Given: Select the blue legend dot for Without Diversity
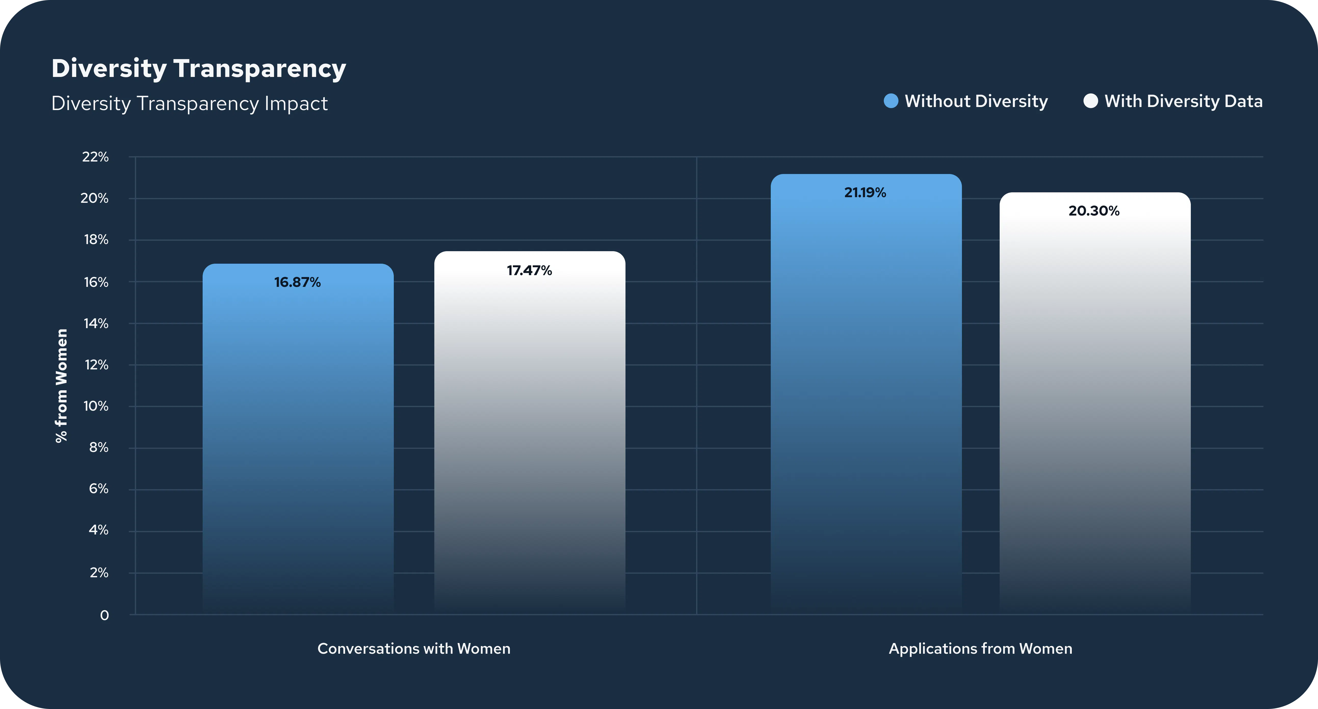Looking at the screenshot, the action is (891, 101).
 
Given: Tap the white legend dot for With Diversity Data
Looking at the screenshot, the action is (1090, 101).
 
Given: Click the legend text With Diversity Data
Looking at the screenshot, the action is (1183, 101).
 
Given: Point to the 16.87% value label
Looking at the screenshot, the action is (297, 282).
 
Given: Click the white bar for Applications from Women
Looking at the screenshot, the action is (1095, 403).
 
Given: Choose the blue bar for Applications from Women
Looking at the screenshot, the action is (866, 394).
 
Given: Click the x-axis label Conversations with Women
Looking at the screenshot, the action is (414, 649).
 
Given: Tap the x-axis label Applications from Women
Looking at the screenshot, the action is (980, 649).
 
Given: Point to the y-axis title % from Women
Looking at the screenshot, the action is (61, 386).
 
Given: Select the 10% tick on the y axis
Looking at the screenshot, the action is (96, 406).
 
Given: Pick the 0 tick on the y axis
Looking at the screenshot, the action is (105, 615).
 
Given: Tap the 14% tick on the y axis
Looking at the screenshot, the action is (96, 323).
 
